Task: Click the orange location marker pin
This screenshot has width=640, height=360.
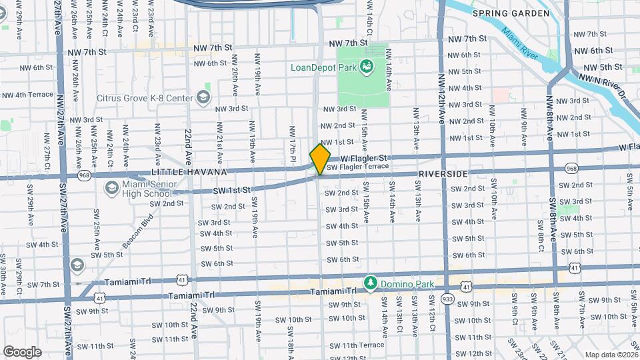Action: [x=320, y=159]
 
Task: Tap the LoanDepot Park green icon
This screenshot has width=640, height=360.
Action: [x=365, y=66]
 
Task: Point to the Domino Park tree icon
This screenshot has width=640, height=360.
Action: [x=370, y=284]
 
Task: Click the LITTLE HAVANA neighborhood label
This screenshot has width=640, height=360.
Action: [x=189, y=172]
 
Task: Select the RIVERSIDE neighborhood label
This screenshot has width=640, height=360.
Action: [x=443, y=173]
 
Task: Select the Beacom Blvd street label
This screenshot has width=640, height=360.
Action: [x=141, y=227]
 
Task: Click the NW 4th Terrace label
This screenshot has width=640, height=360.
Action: [x=27, y=95]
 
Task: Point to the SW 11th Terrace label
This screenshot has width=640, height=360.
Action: [x=363, y=345]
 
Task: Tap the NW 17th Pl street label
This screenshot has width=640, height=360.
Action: [x=291, y=144]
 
